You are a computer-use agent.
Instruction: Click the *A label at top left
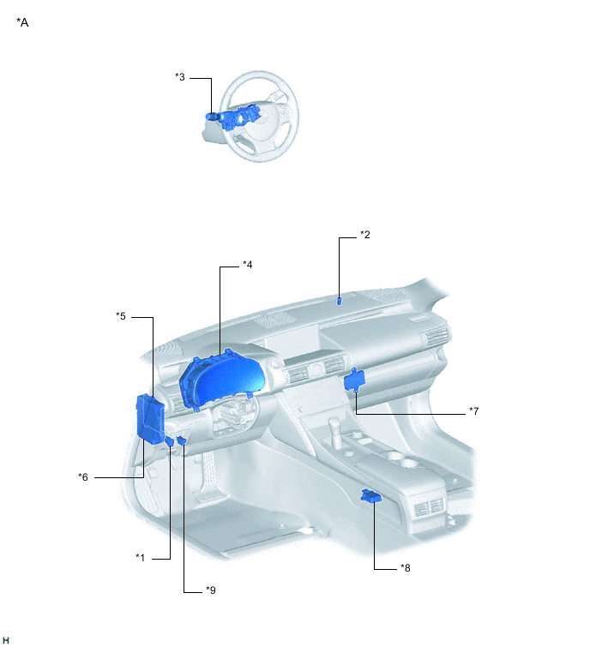pos(22,22)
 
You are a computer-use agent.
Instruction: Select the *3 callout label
pos(180,77)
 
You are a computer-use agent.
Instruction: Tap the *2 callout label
pos(365,235)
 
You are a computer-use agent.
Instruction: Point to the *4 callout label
pos(247,265)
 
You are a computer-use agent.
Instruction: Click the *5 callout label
pos(121,316)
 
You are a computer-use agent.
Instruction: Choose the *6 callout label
pos(83,477)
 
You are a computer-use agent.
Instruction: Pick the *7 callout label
pos(473,411)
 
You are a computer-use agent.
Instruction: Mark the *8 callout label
pos(406,568)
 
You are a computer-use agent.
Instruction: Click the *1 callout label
pos(141,558)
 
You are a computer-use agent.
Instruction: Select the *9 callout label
pos(211,590)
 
